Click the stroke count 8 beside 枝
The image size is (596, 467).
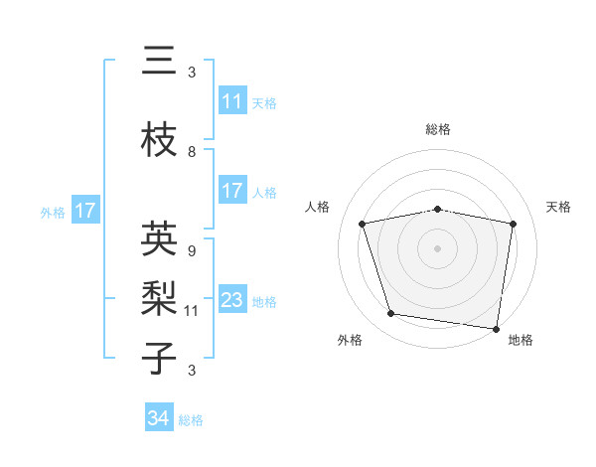click(x=192, y=152)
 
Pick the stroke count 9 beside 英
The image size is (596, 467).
click(x=191, y=251)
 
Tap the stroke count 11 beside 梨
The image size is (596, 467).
click(x=192, y=311)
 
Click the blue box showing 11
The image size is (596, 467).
click(x=231, y=101)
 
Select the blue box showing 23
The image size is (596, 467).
click(x=231, y=300)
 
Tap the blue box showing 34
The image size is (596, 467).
click(x=158, y=418)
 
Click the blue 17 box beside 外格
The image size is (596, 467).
click(x=84, y=211)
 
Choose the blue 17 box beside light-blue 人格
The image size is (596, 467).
click(x=231, y=191)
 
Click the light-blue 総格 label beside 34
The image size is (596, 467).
click(x=191, y=420)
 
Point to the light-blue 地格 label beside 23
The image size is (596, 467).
click(x=264, y=301)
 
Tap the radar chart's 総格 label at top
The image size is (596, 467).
click(x=437, y=129)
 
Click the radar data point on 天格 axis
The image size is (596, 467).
click(x=513, y=224)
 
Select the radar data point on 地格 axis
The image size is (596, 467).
click(x=496, y=328)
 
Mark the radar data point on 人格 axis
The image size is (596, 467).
click(x=363, y=224)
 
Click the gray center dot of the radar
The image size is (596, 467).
click(x=437, y=247)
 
